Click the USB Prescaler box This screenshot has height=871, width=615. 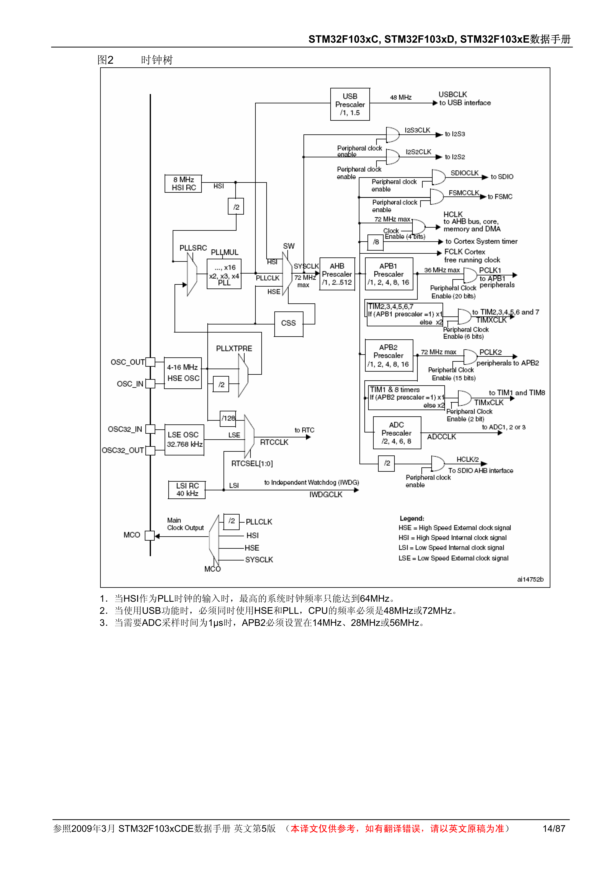tap(350, 104)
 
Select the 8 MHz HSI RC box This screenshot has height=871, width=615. tap(183, 184)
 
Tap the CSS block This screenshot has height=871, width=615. tap(288, 324)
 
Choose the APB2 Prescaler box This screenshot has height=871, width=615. tap(388, 356)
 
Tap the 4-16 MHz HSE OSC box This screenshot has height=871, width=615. tap(183, 373)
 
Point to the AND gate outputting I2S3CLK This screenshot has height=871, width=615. tap(392, 135)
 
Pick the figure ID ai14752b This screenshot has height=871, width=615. tap(530, 579)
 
